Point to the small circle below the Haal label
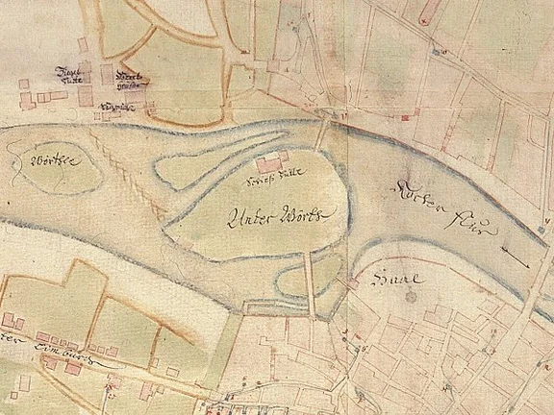point(412,297)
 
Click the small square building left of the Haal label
point(353,284)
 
